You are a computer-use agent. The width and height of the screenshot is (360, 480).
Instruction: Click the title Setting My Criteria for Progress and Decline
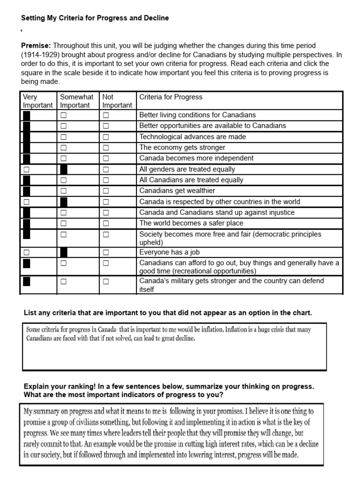pyautogui.click(x=95, y=18)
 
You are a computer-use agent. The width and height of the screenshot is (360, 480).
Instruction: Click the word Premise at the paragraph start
pyautogui.click(x=36, y=45)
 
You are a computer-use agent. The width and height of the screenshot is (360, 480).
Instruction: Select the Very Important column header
pyautogui.click(x=37, y=101)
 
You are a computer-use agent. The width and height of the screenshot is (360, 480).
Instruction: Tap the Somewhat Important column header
pyautogui.click(x=77, y=101)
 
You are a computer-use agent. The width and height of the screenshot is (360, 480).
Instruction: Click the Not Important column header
pyautogui.click(x=117, y=101)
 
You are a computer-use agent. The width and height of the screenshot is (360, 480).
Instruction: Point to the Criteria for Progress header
pyautogui.click(x=171, y=97)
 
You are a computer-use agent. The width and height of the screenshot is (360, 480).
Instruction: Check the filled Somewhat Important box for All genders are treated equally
pyautogui.click(x=64, y=169)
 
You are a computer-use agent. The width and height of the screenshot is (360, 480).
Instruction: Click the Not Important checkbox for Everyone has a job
pyautogui.click(x=106, y=253)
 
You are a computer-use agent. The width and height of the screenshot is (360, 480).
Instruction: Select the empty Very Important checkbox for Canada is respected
pyautogui.click(x=26, y=202)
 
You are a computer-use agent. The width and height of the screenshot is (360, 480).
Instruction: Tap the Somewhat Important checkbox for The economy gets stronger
pyautogui.click(x=63, y=148)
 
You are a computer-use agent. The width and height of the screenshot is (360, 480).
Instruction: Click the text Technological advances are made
pyautogui.click(x=192, y=137)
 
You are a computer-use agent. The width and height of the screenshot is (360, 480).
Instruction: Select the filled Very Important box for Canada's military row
pyautogui.click(x=26, y=281)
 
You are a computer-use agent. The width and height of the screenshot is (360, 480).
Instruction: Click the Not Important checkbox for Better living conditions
pyautogui.click(x=106, y=115)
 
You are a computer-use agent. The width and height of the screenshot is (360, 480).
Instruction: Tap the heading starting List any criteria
pyautogui.click(x=167, y=313)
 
